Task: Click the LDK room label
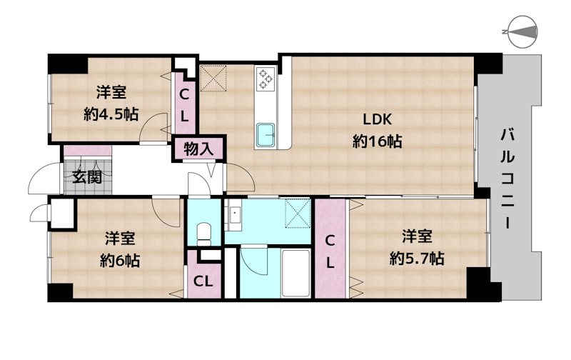click(377, 119)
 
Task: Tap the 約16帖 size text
click(377, 141)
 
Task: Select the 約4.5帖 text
click(111, 114)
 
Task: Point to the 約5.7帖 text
click(417, 259)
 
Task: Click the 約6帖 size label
click(120, 260)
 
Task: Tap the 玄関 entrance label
click(86, 177)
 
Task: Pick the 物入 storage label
click(198, 149)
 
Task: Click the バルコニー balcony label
click(507, 179)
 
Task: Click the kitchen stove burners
click(265, 79)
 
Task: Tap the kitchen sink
click(266, 135)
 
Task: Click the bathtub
click(295, 273)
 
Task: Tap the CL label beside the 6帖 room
click(203, 281)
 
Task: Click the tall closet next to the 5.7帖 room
click(330, 249)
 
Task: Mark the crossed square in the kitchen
click(213, 79)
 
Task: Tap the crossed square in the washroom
click(298, 213)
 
